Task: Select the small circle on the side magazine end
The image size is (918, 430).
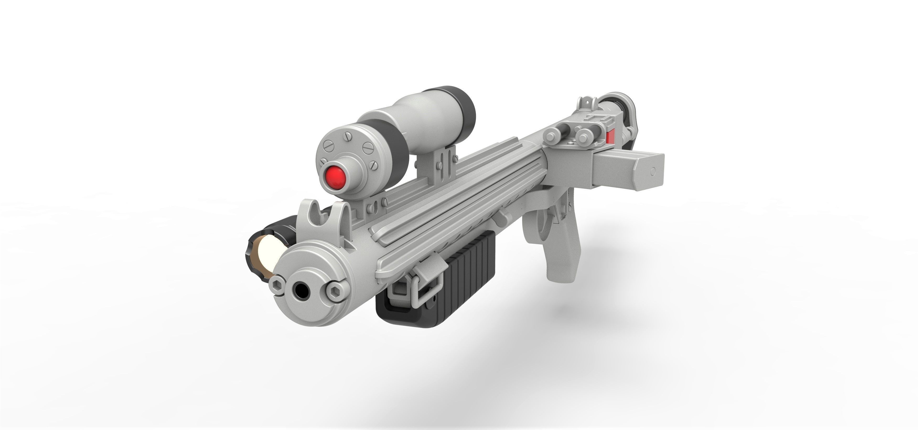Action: coord(653,171)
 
